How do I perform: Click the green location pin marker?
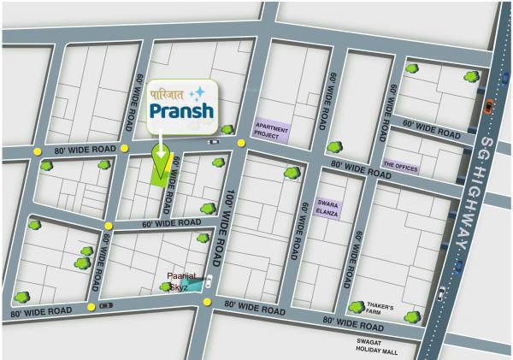click(159, 156)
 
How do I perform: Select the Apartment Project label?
click(272, 130)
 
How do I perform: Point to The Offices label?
click(400, 168)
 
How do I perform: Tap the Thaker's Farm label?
click(381, 310)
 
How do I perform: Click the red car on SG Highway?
click(488, 106)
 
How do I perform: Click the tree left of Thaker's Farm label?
click(357, 307)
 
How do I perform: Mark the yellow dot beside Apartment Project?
click(243, 142)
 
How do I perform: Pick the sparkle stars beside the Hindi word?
click(198, 91)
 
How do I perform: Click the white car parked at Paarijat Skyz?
click(208, 281)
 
